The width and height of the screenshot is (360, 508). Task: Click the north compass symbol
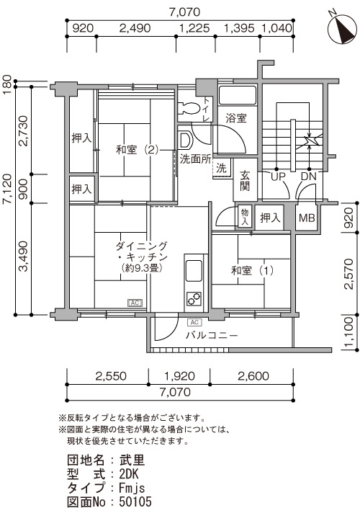point(342,29)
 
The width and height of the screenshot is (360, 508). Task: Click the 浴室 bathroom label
point(236,117)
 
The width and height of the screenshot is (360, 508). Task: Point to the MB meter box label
point(306,218)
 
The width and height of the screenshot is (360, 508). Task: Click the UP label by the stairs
point(278,177)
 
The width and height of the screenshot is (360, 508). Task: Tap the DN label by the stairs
point(308,177)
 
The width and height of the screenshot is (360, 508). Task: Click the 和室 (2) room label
point(138,150)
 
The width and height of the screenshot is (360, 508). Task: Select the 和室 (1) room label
point(252,270)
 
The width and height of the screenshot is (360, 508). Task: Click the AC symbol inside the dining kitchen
point(135,303)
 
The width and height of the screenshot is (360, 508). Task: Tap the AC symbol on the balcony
point(194,322)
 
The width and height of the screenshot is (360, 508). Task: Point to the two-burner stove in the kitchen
point(194,299)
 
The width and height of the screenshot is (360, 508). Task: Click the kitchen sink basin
point(193,271)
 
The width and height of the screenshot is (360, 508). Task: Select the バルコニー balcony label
point(212,335)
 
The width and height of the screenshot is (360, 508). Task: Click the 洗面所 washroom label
point(195,159)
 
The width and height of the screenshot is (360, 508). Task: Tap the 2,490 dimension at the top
point(135,28)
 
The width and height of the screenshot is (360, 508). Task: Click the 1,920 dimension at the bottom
point(179,376)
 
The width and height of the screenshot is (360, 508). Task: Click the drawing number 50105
point(135,502)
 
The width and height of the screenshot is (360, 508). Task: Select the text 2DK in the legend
point(129,474)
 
